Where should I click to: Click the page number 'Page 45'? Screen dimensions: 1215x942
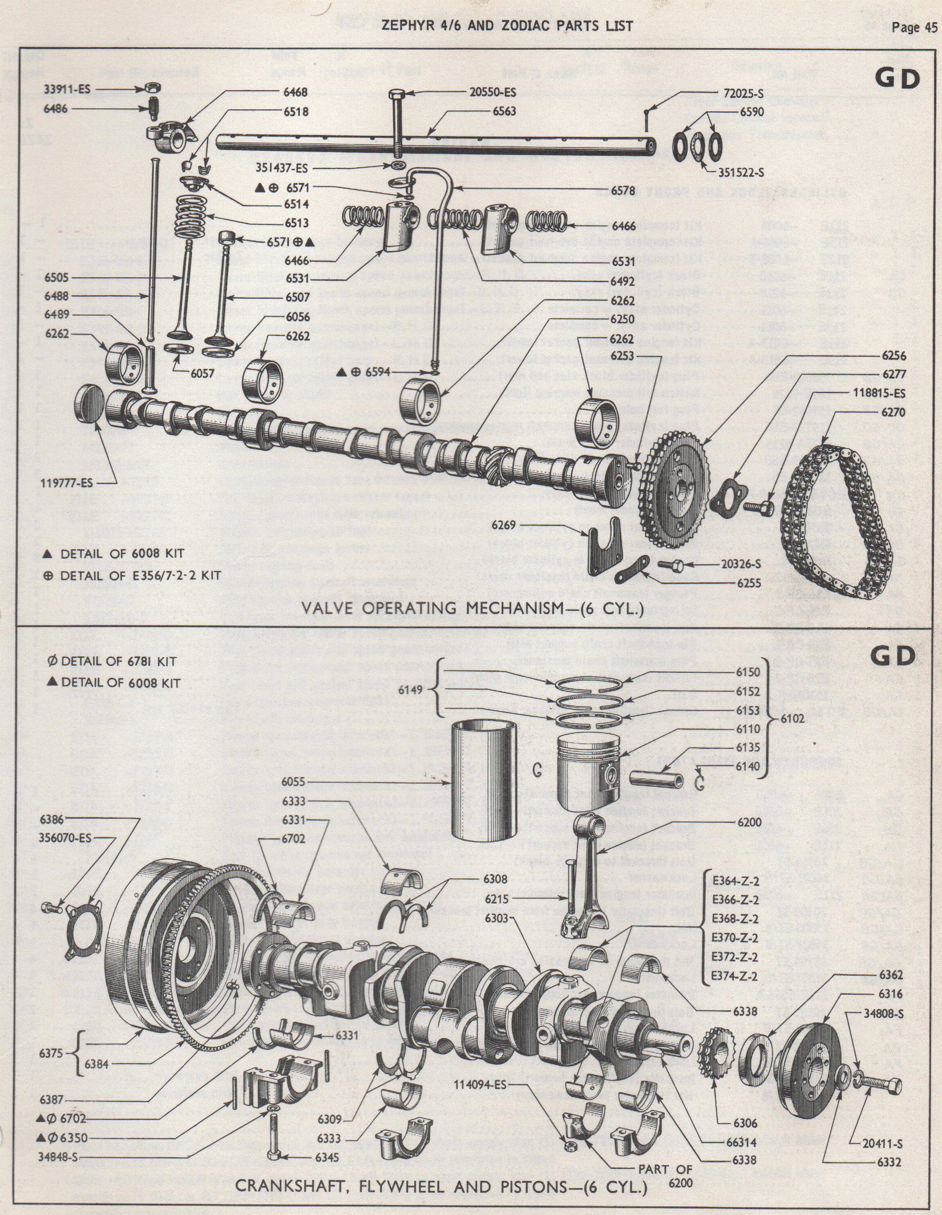point(913,29)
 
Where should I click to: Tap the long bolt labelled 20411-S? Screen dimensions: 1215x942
point(877,1085)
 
